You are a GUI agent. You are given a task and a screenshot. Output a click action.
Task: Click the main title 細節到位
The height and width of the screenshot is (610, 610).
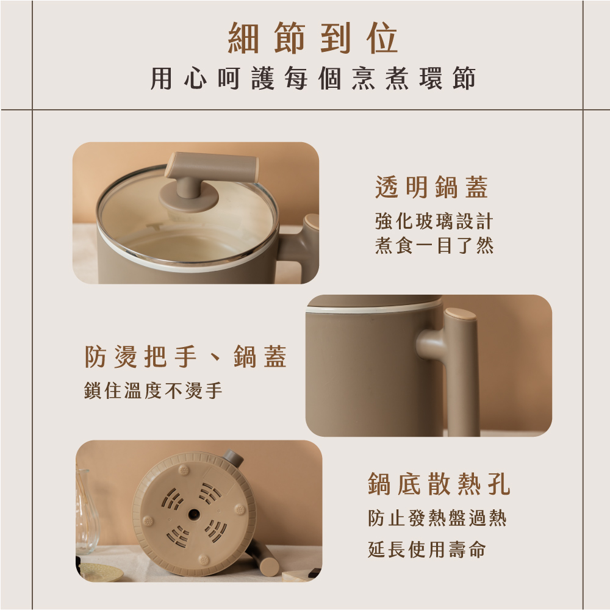coord(313,38)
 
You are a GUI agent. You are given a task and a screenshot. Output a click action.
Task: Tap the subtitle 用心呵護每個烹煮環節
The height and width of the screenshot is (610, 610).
coord(313,78)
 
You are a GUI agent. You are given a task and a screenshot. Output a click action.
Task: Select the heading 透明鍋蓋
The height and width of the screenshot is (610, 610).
coord(431,187)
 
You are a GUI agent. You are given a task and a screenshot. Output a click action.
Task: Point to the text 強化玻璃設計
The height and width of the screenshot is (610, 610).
coord(434,221)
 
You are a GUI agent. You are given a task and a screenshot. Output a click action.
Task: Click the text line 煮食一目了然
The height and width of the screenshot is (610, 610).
coord(434,245)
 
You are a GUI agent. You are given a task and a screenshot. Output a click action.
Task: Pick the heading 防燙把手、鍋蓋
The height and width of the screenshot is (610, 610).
coord(186,356)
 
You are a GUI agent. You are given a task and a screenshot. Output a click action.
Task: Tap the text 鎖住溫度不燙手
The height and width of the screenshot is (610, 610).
coord(153,390)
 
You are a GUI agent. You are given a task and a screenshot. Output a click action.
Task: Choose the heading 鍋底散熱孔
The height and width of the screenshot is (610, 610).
coord(439,484)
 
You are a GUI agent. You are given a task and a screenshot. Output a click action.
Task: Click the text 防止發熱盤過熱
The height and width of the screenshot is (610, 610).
coord(437,518)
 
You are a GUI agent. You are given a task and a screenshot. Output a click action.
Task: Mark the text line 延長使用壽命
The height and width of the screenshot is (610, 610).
coord(427,550)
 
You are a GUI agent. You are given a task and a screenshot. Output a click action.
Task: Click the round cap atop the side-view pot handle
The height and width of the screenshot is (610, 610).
coord(461,314)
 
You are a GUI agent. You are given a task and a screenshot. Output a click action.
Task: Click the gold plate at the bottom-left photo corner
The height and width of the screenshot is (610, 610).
coord(101,572)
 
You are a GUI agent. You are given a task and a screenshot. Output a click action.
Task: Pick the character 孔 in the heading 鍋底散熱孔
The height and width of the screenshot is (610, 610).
coord(499,484)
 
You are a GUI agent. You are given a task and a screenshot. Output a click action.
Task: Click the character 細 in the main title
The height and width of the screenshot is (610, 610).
coord(243,38)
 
